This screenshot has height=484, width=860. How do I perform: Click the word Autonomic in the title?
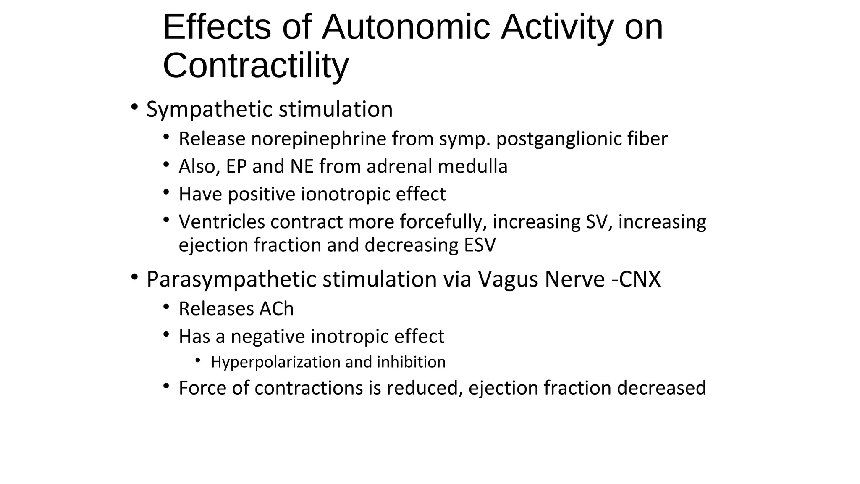click(x=406, y=27)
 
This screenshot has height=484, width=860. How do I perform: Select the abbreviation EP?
click(x=236, y=166)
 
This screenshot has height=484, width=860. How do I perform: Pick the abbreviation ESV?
click(x=480, y=245)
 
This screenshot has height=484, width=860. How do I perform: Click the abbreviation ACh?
click(x=276, y=309)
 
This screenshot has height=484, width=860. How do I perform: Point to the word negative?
click(x=267, y=337)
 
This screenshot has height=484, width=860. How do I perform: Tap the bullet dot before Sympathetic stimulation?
click(x=134, y=107)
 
